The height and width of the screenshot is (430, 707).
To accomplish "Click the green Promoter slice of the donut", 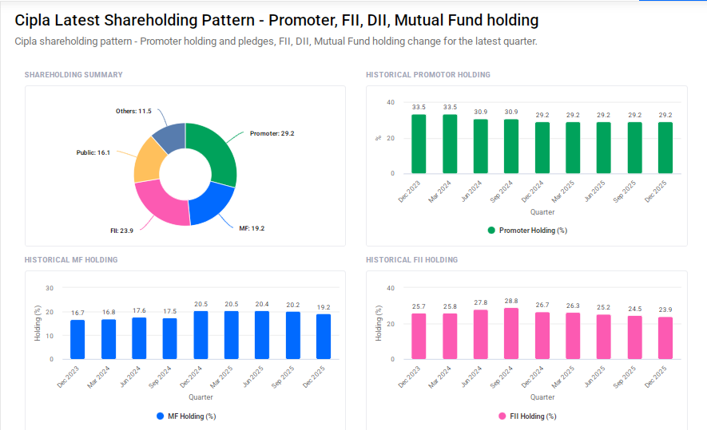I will point(216,152).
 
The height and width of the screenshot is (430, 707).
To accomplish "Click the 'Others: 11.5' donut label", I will point(133,111).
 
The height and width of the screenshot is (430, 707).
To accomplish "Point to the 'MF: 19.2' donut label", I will point(252,228).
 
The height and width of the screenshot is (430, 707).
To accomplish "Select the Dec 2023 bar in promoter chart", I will point(419,144).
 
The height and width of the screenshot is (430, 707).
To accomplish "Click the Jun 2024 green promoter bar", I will point(480,146).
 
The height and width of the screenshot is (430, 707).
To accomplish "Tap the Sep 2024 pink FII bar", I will point(511,333).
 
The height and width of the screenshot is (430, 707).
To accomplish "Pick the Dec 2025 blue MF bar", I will point(324,336).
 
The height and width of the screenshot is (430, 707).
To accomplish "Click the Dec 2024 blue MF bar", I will point(201,334).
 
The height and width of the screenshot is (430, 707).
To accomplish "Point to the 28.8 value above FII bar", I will point(511,301).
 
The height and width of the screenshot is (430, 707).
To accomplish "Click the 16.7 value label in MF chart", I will point(77,313).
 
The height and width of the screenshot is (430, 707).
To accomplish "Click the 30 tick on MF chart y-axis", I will point(50,288).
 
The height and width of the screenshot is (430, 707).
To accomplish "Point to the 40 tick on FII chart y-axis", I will point(391,288).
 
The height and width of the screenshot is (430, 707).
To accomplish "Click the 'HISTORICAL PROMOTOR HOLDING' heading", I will point(427,75).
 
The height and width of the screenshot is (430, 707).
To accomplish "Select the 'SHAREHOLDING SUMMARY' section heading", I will point(73,75).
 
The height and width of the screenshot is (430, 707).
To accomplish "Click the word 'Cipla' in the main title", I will point(34,20).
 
